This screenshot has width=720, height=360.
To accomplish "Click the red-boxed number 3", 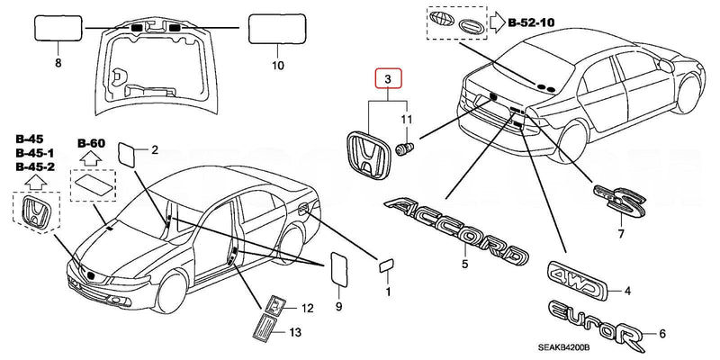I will [387, 82].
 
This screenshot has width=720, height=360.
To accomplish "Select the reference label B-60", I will [91, 143].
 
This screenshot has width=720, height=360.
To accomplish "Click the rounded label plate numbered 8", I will [58, 31].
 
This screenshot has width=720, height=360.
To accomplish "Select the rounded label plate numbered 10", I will [275, 31].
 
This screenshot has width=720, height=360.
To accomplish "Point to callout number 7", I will [620, 234].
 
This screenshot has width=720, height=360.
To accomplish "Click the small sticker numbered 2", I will [129, 151].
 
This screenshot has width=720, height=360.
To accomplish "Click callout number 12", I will [307, 309].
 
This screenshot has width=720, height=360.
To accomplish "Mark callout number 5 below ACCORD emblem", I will [464, 265].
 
